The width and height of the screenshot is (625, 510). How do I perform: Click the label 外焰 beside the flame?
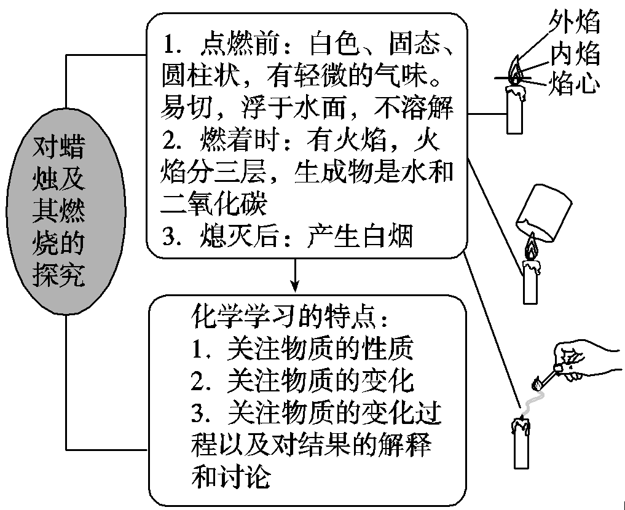click(575, 24)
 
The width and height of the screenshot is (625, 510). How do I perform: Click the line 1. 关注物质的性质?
click(301, 350)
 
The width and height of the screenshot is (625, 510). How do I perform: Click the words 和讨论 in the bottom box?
click(231, 477)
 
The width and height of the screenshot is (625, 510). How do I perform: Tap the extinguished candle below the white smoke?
click(520, 442)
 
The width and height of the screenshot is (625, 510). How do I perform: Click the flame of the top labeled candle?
click(515, 71)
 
